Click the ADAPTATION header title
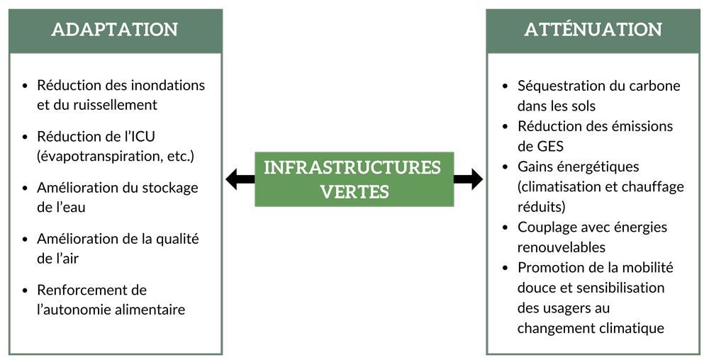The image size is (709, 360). click(x=115, y=30)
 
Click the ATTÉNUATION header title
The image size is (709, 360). click(x=593, y=30)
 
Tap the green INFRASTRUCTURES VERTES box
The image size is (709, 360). click(x=353, y=179)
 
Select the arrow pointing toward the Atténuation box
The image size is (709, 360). click(x=469, y=179)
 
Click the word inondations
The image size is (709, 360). click(x=168, y=85)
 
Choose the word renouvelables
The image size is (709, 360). click(x=561, y=247)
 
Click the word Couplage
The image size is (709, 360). click(x=547, y=227)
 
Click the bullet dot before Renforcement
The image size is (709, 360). click(x=26, y=291)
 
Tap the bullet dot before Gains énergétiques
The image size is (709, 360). click(x=505, y=167)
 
